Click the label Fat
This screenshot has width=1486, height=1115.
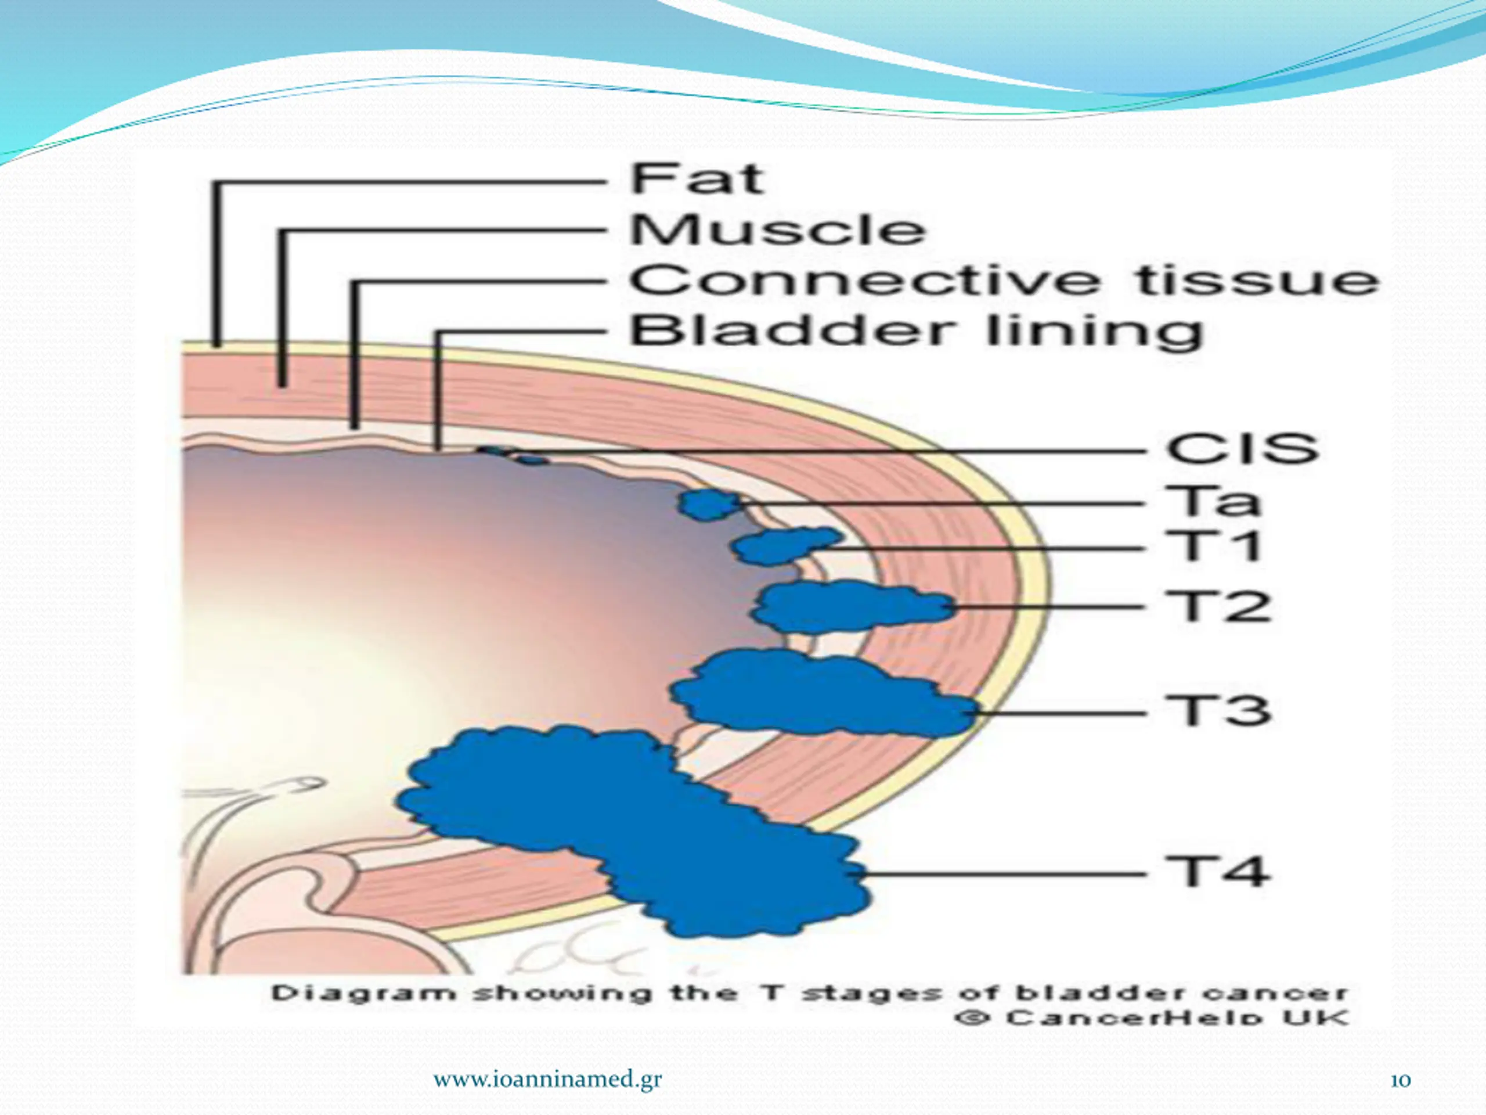[697, 179]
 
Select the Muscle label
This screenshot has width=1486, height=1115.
[777, 230]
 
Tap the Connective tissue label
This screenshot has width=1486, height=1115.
[1004, 280]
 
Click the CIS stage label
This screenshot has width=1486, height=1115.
[1242, 448]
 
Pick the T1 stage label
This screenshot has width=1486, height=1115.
[1213, 545]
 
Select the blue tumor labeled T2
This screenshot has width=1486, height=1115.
[850, 607]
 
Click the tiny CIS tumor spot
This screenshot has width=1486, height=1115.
[514, 456]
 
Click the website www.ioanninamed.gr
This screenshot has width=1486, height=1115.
[547, 1080]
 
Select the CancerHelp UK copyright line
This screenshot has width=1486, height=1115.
[1150, 1017]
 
